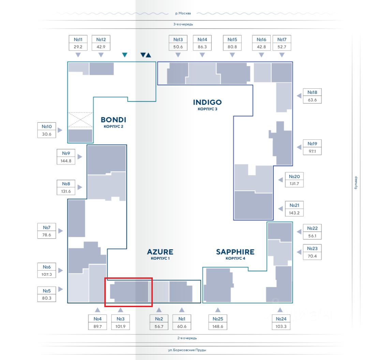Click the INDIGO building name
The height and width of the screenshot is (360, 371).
(207, 102)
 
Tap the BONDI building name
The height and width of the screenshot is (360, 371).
(113, 120)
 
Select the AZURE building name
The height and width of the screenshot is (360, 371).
(160, 252)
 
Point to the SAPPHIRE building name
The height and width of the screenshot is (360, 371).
(235, 252)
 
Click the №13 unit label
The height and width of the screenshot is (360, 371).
(178, 40)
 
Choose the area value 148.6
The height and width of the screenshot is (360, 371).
(218, 327)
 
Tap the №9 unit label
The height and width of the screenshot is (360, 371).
(66, 153)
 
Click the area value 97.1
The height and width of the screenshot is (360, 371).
(312, 151)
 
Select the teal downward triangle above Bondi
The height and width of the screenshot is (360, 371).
(125, 55)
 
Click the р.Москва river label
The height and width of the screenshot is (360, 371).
(183, 13)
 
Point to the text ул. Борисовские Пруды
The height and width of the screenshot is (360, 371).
(187, 350)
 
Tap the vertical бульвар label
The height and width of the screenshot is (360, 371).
(356, 183)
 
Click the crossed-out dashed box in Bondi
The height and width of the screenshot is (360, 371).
(80, 120)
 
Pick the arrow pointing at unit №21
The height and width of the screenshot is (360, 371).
(281, 208)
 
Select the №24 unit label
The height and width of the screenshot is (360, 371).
(280, 319)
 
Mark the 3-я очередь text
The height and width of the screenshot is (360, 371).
(183, 24)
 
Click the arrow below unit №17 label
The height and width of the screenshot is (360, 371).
(282, 55)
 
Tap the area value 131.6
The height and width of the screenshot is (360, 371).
(66, 191)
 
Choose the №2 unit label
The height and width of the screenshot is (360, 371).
(159, 319)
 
